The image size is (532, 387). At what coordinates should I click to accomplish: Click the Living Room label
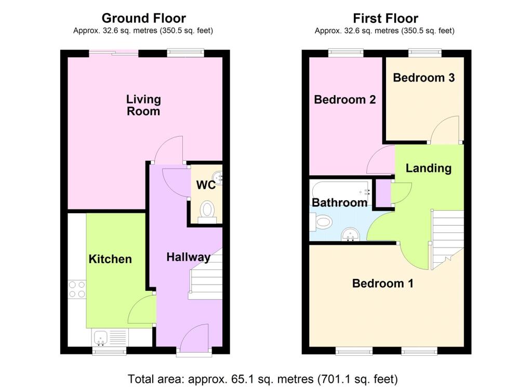click(x=143, y=105)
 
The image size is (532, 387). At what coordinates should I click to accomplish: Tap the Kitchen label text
click(x=110, y=259)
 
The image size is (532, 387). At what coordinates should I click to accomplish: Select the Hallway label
click(x=188, y=257)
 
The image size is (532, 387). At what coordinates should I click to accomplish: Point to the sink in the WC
click(x=218, y=178)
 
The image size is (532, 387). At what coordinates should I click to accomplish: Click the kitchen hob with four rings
click(x=77, y=289)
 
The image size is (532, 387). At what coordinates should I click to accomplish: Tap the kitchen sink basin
click(x=101, y=337)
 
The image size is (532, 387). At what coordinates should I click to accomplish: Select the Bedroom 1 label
click(x=383, y=283)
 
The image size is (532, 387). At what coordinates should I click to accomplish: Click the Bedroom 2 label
click(x=345, y=99)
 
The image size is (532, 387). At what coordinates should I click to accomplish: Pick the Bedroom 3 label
click(x=424, y=78)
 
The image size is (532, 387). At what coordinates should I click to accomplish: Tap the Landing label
click(x=429, y=168)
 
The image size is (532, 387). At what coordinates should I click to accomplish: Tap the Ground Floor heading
click(x=144, y=18)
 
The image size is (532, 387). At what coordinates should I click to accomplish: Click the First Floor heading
click(x=385, y=18)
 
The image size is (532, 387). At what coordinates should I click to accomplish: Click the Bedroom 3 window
click(x=425, y=53)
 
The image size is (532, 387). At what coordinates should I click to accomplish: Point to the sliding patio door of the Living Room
click(x=114, y=53)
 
